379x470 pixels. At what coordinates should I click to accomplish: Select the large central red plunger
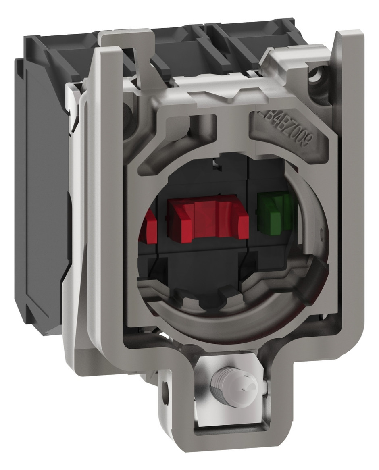[x=207, y=220]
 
